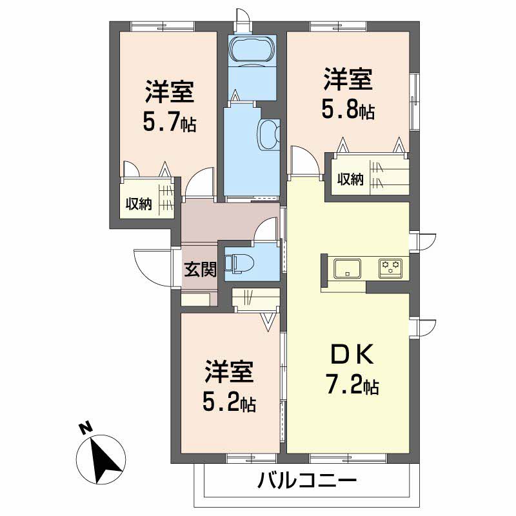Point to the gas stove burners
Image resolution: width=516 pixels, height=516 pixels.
390,266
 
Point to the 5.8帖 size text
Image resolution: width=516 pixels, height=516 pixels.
348,110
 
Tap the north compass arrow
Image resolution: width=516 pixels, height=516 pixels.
103,460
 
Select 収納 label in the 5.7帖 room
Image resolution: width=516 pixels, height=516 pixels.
138,204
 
